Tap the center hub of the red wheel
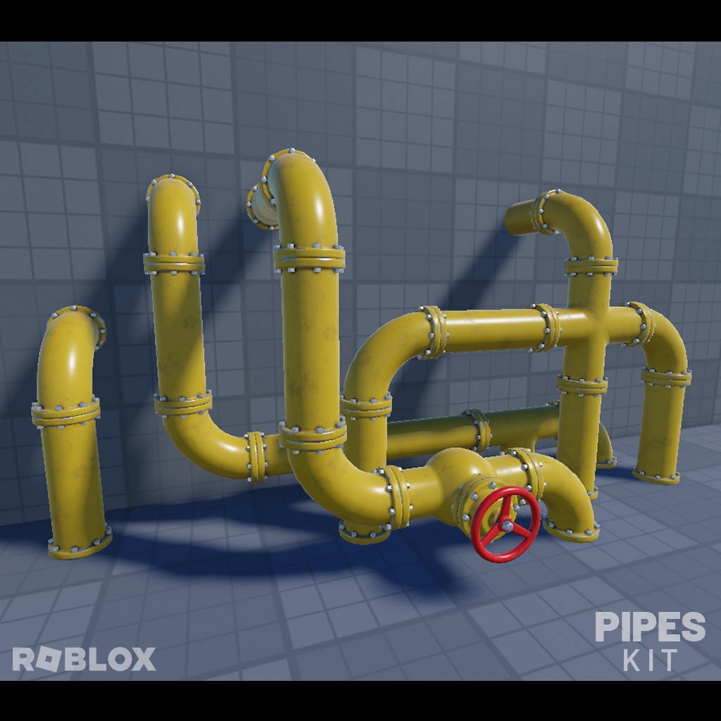click(506, 524)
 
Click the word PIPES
click(649, 627)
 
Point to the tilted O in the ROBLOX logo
click(46, 659)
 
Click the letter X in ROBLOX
click(142, 659)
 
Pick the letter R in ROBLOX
click(23, 659)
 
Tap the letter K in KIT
click(632, 660)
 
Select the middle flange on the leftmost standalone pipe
click(65, 412)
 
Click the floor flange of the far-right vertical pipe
click(656, 476)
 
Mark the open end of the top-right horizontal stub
click(511, 219)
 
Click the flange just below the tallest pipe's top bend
click(309, 258)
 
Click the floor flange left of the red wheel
click(364, 531)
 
